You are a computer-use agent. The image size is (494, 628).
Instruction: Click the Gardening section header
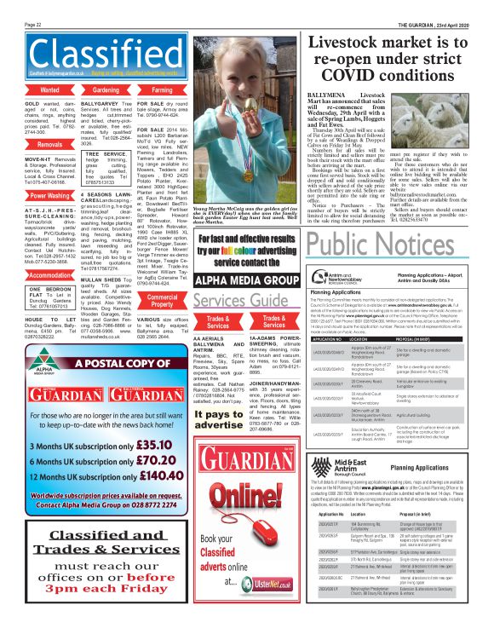[x=106, y=89]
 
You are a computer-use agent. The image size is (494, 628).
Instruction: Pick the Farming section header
[x=162, y=89]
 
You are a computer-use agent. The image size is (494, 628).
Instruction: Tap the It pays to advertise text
[x=217, y=419]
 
